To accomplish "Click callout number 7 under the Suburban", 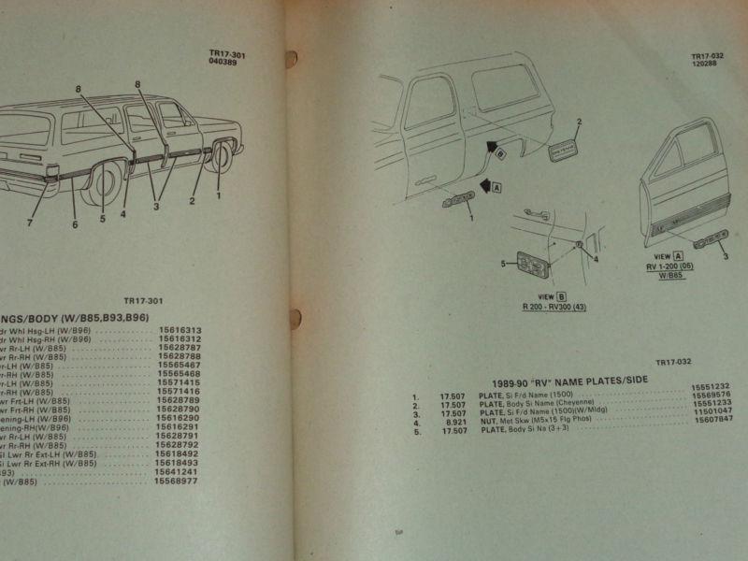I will (x=29, y=223).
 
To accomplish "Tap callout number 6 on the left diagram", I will (x=75, y=224).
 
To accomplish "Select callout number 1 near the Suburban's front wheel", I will (x=219, y=196).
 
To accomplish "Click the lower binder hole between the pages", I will (x=295, y=318).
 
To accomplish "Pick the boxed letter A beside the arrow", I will (x=496, y=187).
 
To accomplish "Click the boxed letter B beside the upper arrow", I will (x=501, y=151).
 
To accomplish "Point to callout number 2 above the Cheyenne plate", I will (x=579, y=122).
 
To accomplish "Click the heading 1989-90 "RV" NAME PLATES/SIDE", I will (x=569, y=381).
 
